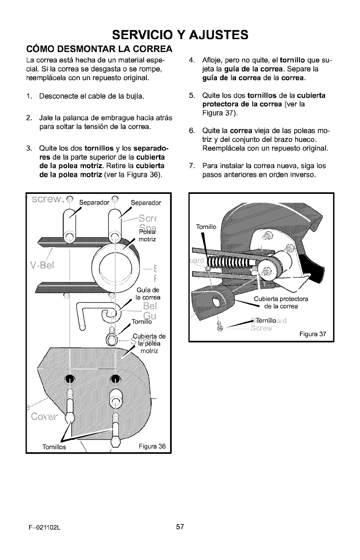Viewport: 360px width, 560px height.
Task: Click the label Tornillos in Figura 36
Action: (x=54, y=447)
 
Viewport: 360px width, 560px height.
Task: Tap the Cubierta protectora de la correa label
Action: (x=282, y=302)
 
